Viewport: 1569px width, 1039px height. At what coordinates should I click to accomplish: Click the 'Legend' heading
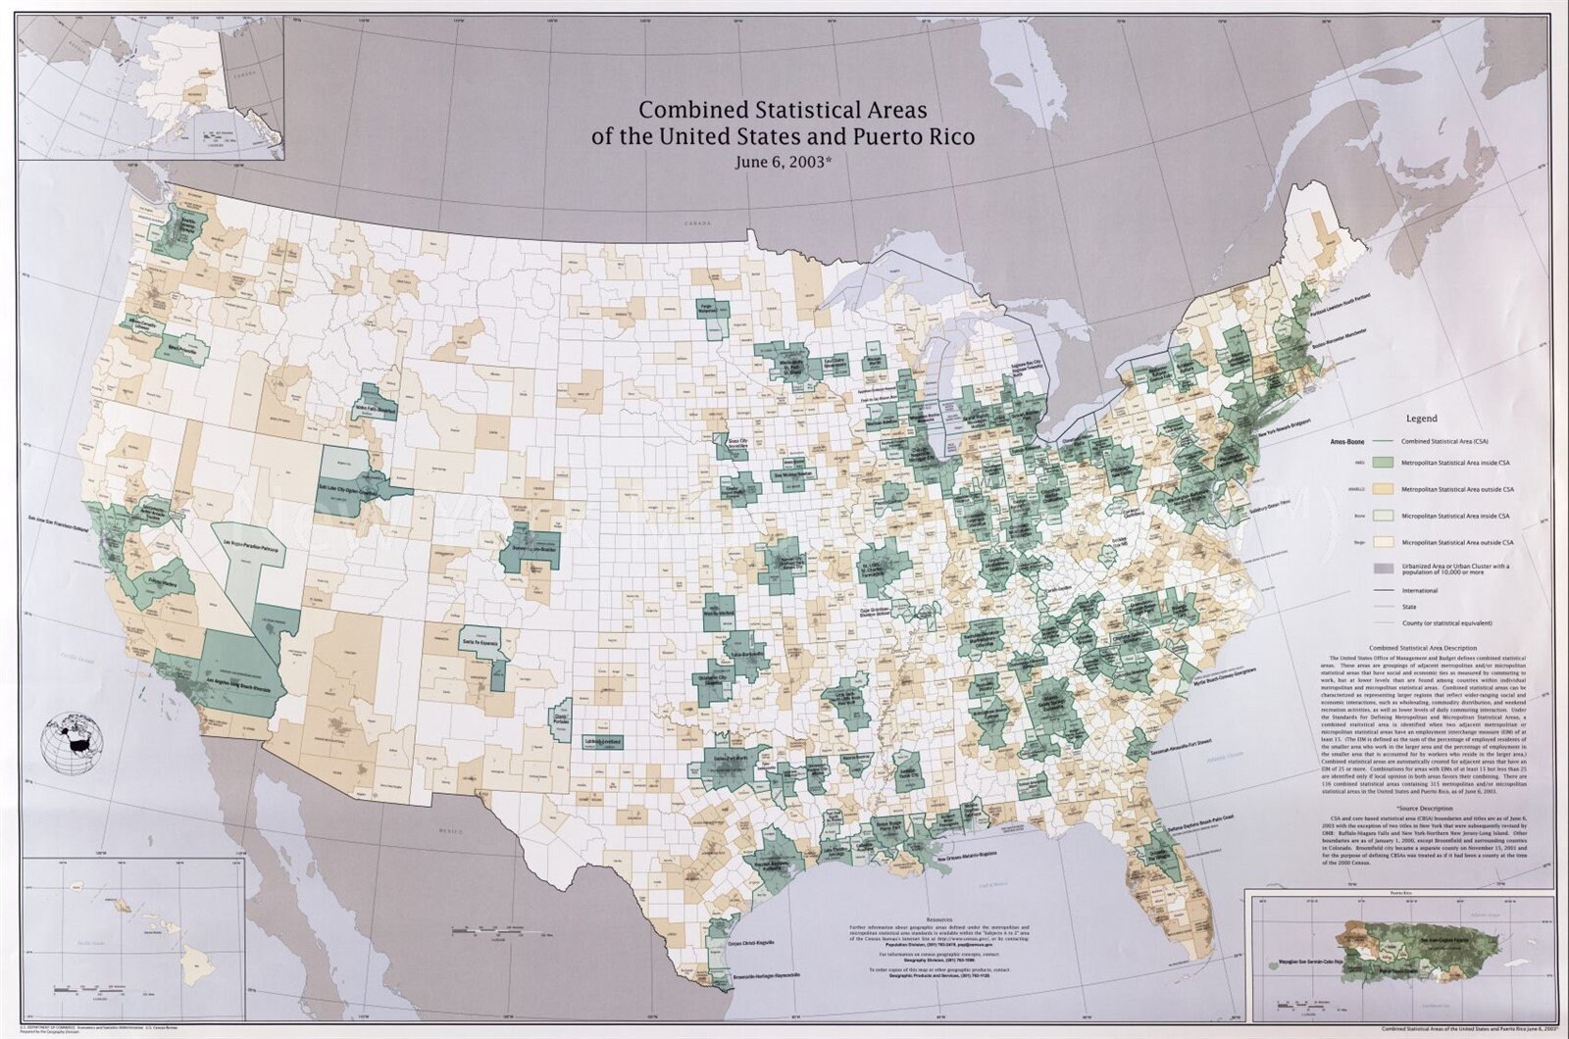click(1421, 419)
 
